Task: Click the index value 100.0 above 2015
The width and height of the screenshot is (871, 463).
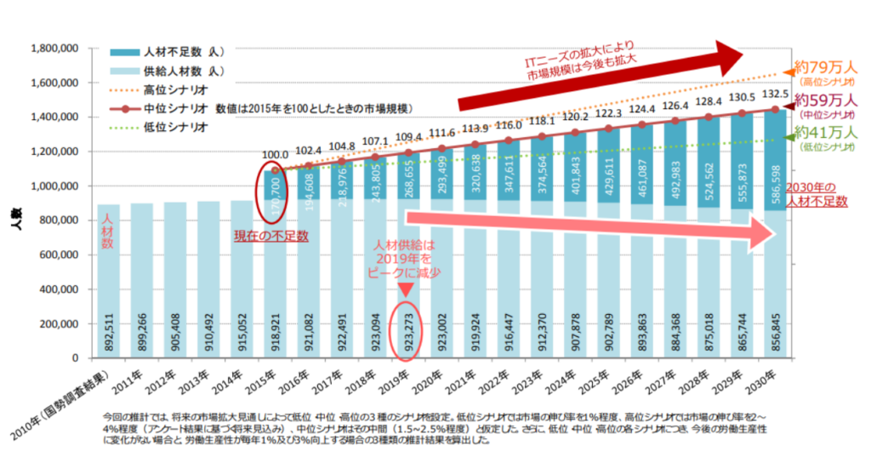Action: pos(274,155)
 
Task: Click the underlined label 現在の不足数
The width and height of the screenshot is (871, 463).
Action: pos(270,233)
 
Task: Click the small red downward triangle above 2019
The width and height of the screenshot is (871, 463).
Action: pos(406,290)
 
